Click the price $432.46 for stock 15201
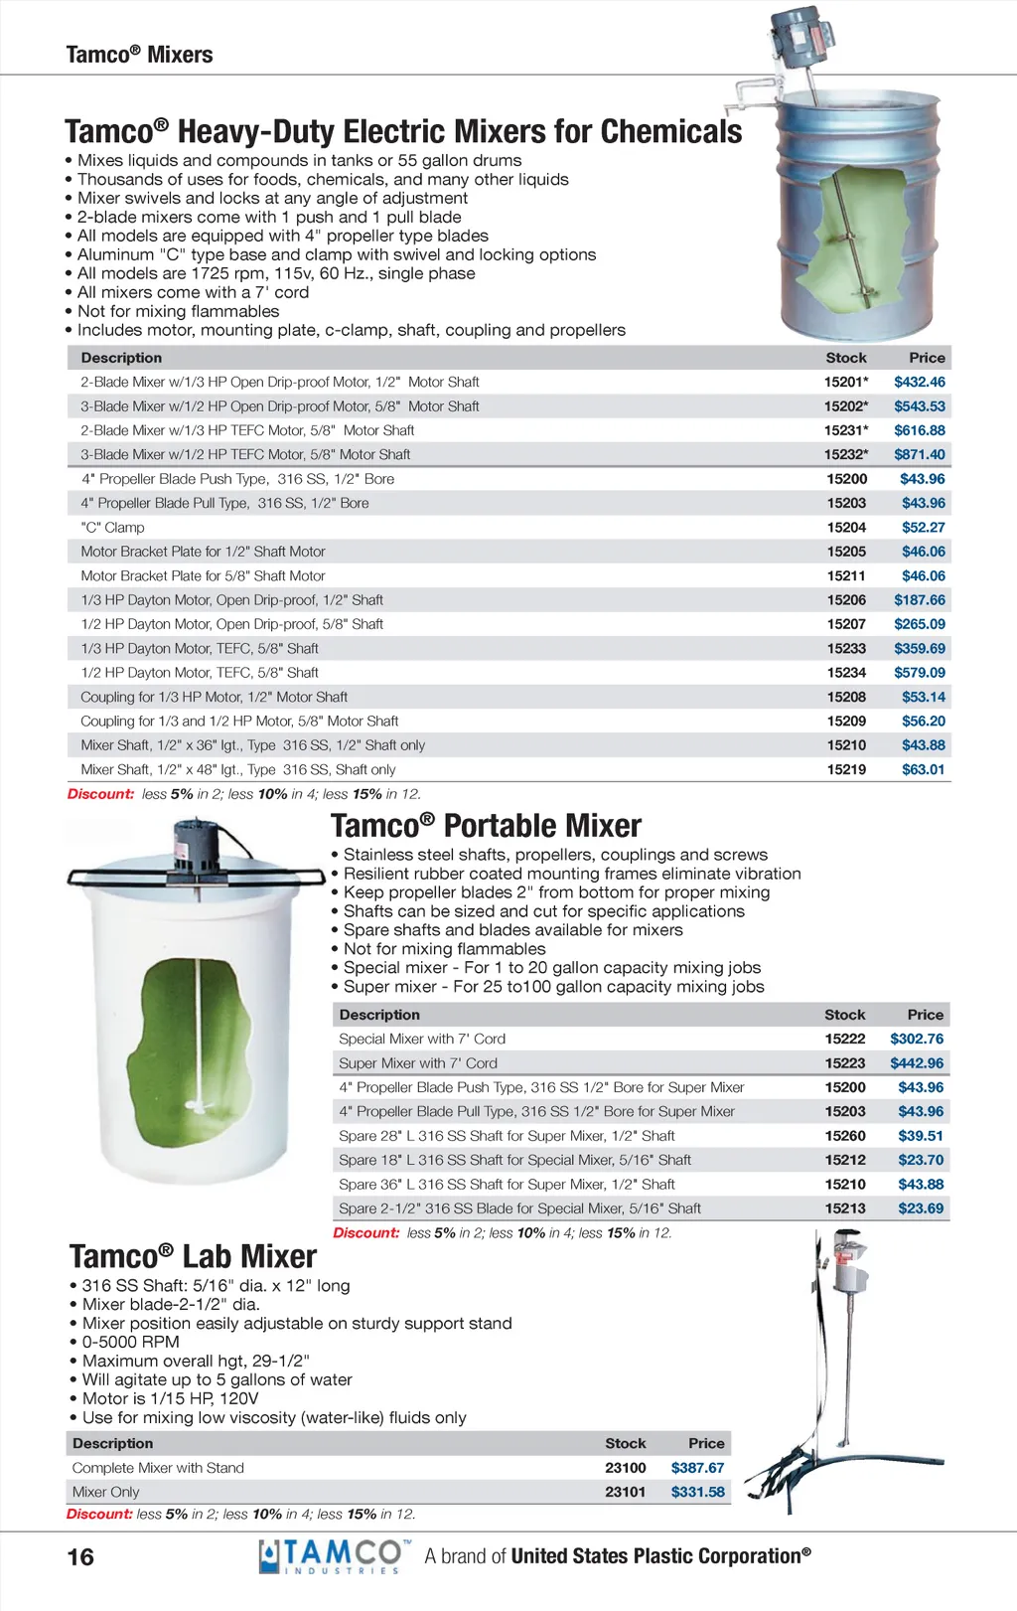919,382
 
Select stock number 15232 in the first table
845,454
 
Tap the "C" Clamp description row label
112,527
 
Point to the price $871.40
919,454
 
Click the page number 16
80,1556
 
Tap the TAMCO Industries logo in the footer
333,1556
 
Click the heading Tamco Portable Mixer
486,826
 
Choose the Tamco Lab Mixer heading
193,1256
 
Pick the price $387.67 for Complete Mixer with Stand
697,1467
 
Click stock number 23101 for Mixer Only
625,1492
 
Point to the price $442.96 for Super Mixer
917,1062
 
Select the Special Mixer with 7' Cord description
422,1039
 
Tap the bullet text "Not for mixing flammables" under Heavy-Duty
178,311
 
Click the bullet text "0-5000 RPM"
130,1342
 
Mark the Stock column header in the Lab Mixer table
625,1443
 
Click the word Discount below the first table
100,794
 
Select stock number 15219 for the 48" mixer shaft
846,769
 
